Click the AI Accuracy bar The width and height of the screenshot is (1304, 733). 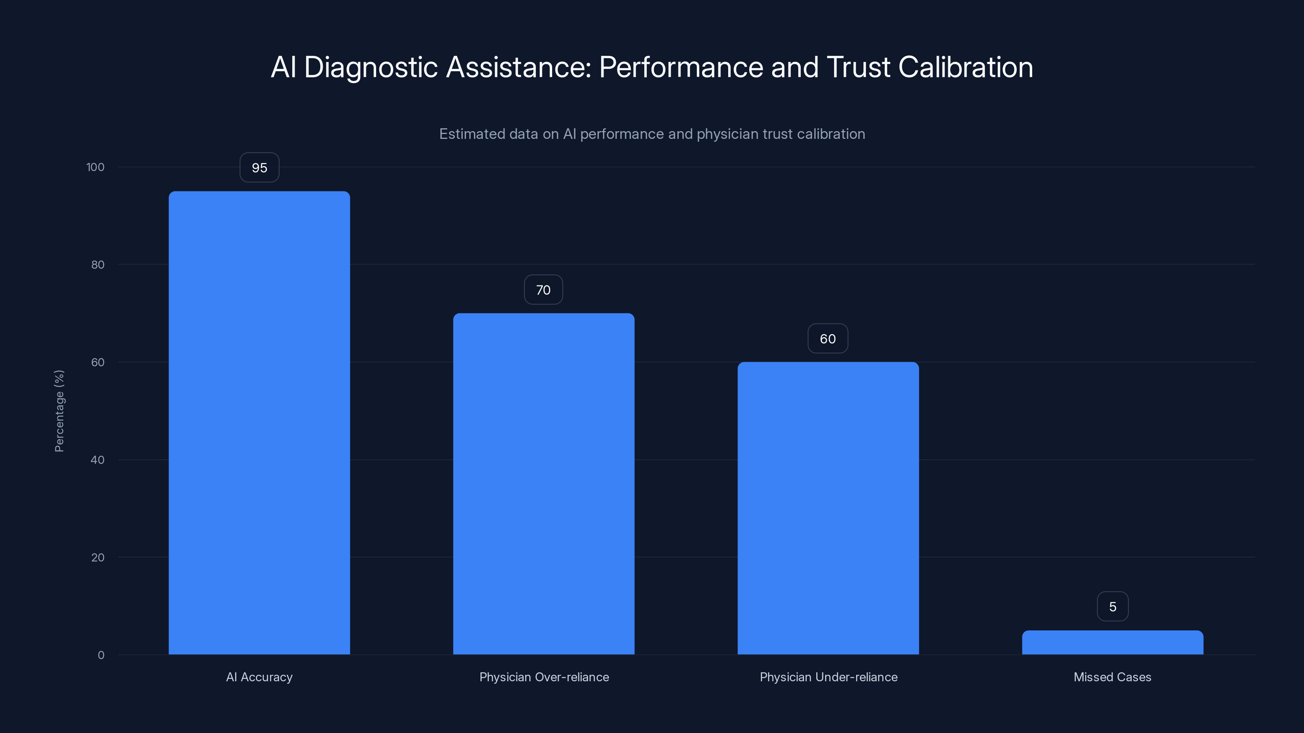pos(259,422)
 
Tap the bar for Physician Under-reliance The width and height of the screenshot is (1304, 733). pos(828,508)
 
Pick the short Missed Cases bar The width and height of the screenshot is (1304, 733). pos(1112,643)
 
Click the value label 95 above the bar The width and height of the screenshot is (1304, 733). pos(259,167)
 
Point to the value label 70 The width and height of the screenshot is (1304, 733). pos(543,290)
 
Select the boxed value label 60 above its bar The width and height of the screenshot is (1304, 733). pos(828,339)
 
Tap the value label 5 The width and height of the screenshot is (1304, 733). pos(1112,606)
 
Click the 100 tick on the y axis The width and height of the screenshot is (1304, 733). pos(95,167)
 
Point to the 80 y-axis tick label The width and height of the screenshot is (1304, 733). pos(98,265)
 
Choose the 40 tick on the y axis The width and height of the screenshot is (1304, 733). pos(98,460)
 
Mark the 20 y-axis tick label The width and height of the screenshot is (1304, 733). pos(98,557)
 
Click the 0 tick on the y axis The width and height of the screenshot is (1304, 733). pos(101,655)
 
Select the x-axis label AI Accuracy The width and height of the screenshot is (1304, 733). pos(259,677)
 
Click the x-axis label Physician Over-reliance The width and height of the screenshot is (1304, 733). pos(544,677)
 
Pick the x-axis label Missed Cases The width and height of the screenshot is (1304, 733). pos(1112,677)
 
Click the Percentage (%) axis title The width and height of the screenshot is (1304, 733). pos(59,411)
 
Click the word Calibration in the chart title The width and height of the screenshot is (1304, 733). pos(965,67)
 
